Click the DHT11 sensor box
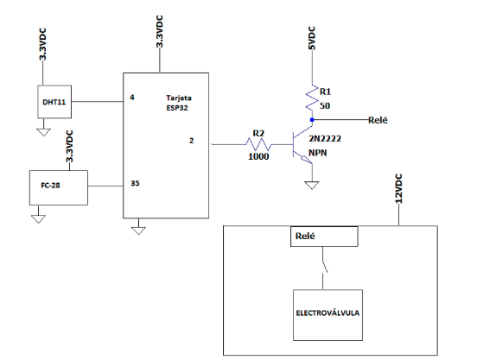(54, 102)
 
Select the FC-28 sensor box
(57, 187)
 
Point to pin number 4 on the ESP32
(132, 98)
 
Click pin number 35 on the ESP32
(135, 183)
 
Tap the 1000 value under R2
(258, 156)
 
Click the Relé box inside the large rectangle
(323, 237)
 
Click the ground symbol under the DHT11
(41, 131)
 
